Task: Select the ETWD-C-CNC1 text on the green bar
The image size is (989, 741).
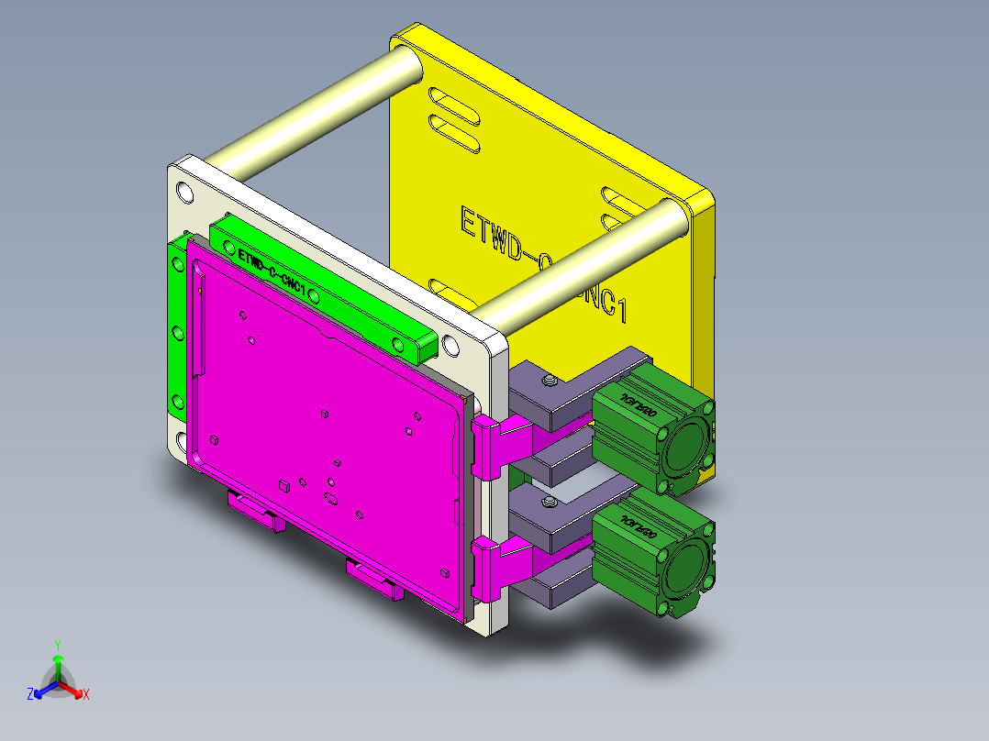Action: (271, 271)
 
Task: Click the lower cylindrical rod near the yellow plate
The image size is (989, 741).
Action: (587, 266)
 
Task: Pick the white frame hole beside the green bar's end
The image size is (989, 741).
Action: (450, 346)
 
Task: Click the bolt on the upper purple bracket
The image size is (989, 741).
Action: (549, 380)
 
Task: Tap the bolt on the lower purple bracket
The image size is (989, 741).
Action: (549, 503)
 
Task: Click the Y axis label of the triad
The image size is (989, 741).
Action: (57, 645)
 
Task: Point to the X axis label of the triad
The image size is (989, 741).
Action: (86, 695)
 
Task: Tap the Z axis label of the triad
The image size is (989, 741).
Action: (29, 695)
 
